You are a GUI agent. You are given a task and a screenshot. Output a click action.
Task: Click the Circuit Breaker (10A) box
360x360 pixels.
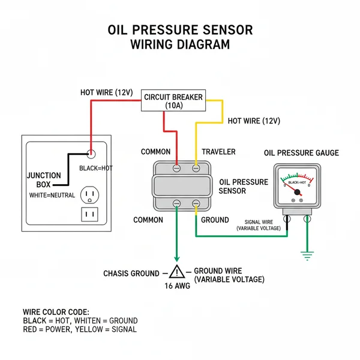[173, 100]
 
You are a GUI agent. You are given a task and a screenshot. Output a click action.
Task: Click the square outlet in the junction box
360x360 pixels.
[91, 214]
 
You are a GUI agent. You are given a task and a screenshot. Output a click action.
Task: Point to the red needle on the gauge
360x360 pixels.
[295, 190]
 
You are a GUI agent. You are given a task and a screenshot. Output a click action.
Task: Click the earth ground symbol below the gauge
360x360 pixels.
[308, 256]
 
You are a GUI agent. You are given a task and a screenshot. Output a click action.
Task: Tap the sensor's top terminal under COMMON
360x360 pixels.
[176, 169]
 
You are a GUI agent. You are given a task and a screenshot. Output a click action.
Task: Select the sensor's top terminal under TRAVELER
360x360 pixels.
[196, 169]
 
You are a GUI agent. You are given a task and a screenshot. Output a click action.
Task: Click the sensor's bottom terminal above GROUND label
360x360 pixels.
[196, 205]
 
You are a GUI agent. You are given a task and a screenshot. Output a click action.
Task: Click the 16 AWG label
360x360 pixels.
[177, 286]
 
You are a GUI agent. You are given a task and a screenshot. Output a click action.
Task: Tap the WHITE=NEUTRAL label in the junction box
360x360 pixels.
[52, 195]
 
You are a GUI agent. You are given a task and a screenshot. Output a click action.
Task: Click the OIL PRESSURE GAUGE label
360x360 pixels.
[301, 153]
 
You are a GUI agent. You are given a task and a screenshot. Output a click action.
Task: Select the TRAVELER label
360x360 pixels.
[218, 152]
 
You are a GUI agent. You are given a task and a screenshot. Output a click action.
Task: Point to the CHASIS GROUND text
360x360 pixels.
[131, 274]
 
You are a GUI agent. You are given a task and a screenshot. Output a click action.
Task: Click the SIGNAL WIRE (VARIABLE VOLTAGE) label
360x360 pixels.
[258, 225]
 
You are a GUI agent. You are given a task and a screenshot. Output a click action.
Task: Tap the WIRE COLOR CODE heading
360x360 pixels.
[56, 312]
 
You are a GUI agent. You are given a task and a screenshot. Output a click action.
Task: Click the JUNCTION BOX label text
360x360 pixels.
[44, 180]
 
